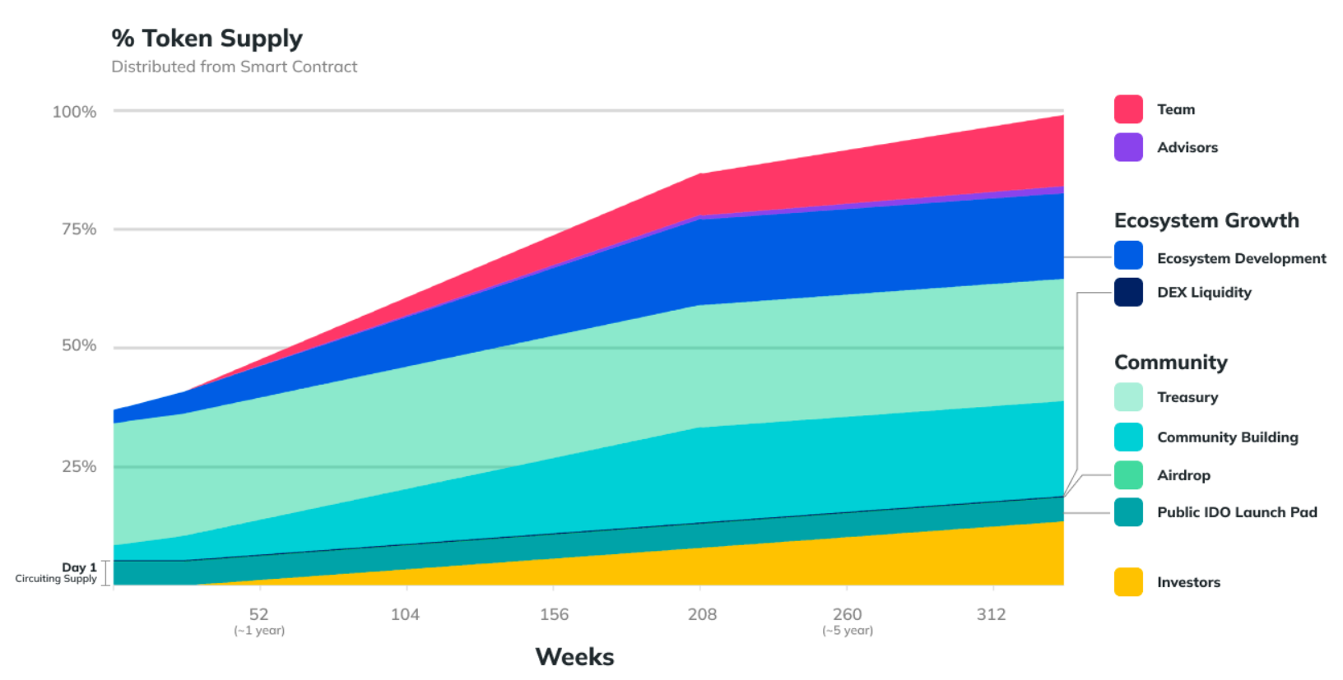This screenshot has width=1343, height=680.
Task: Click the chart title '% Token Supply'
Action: [x=207, y=39]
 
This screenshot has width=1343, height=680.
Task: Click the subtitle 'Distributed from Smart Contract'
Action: [x=235, y=67]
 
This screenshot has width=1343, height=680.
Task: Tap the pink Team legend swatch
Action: [x=1128, y=109]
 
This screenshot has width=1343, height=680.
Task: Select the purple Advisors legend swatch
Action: [x=1128, y=147]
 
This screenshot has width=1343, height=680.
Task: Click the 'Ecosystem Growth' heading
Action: [x=1206, y=220]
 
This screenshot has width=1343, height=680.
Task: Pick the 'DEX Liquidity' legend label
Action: [x=1204, y=293]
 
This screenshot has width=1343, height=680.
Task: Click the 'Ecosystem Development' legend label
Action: [x=1241, y=258]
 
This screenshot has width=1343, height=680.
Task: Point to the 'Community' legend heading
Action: [x=1170, y=363]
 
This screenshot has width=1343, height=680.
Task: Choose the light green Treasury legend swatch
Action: [x=1128, y=397]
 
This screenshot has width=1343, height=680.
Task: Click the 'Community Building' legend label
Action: [x=1227, y=437]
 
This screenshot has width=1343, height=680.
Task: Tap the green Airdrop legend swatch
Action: [x=1128, y=475]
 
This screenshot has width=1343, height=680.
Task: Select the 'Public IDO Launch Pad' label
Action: [x=1237, y=512]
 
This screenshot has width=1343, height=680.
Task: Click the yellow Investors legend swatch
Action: [x=1128, y=582]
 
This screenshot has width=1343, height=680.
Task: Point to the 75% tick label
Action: [x=79, y=229]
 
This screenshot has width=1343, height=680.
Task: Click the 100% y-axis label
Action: [x=74, y=112]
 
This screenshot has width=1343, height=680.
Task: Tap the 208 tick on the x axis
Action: [x=702, y=614]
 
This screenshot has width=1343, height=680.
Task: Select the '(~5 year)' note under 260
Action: [x=847, y=631]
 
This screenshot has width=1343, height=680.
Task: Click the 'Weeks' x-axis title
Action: [x=574, y=657]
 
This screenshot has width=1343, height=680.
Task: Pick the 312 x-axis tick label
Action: [x=991, y=614]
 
